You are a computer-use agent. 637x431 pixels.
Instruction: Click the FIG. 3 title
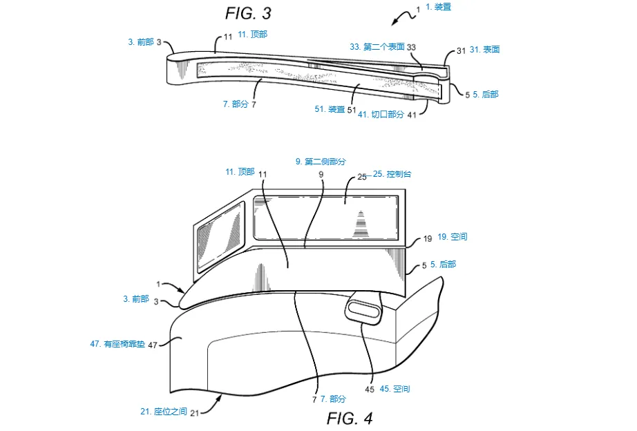248,12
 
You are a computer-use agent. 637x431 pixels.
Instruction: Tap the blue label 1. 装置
438,7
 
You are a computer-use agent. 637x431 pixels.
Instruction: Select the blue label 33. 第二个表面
377,47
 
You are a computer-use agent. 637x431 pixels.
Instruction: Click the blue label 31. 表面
485,50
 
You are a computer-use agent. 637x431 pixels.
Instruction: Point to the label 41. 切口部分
381,115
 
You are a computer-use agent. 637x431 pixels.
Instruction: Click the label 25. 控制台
392,174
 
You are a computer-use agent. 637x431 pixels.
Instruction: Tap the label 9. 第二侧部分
321,161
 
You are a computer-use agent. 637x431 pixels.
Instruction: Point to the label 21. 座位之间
164,411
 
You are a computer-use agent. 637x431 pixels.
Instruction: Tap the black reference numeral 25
361,177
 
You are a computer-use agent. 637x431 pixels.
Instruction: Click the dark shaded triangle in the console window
361,224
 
